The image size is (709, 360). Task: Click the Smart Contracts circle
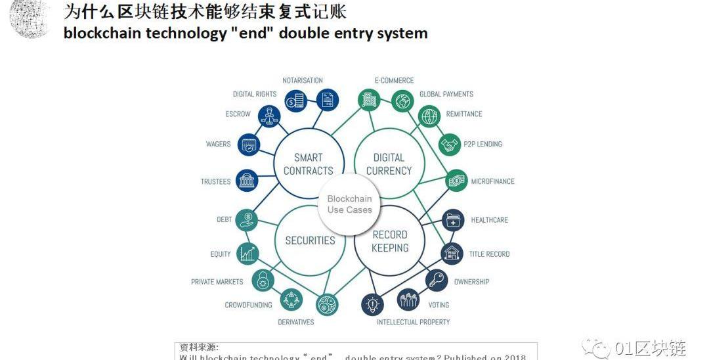click(x=308, y=164)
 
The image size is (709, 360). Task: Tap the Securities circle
click(x=310, y=240)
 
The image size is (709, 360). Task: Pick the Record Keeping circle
click(x=390, y=241)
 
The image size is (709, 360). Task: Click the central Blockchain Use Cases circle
click(x=349, y=204)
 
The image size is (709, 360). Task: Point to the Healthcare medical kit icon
click(x=454, y=221)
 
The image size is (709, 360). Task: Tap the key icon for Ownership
click(x=437, y=281)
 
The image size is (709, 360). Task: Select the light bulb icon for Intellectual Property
click(x=373, y=304)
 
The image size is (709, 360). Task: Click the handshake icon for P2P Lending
click(x=450, y=145)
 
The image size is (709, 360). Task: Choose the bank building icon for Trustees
click(x=247, y=181)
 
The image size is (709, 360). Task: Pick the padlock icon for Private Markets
click(x=263, y=281)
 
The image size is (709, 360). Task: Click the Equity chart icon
click(x=247, y=253)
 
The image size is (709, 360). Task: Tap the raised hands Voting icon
click(x=409, y=300)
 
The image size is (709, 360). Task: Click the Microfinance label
click(x=492, y=181)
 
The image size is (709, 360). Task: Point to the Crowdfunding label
click(x=248, y=305)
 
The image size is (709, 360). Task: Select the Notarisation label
click(x=303, y=81)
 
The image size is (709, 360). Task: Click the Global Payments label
click(x=446, y=94)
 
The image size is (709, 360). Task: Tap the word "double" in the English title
click(x=303, y=33)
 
